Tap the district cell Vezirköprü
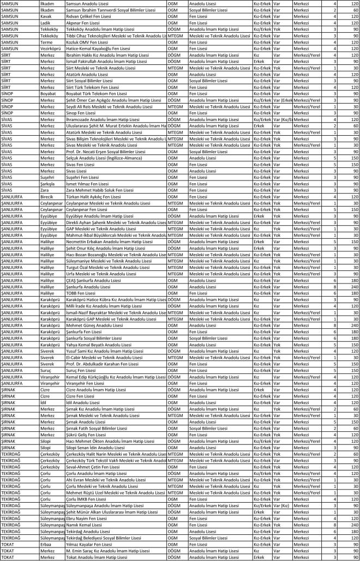click(51, 48)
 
